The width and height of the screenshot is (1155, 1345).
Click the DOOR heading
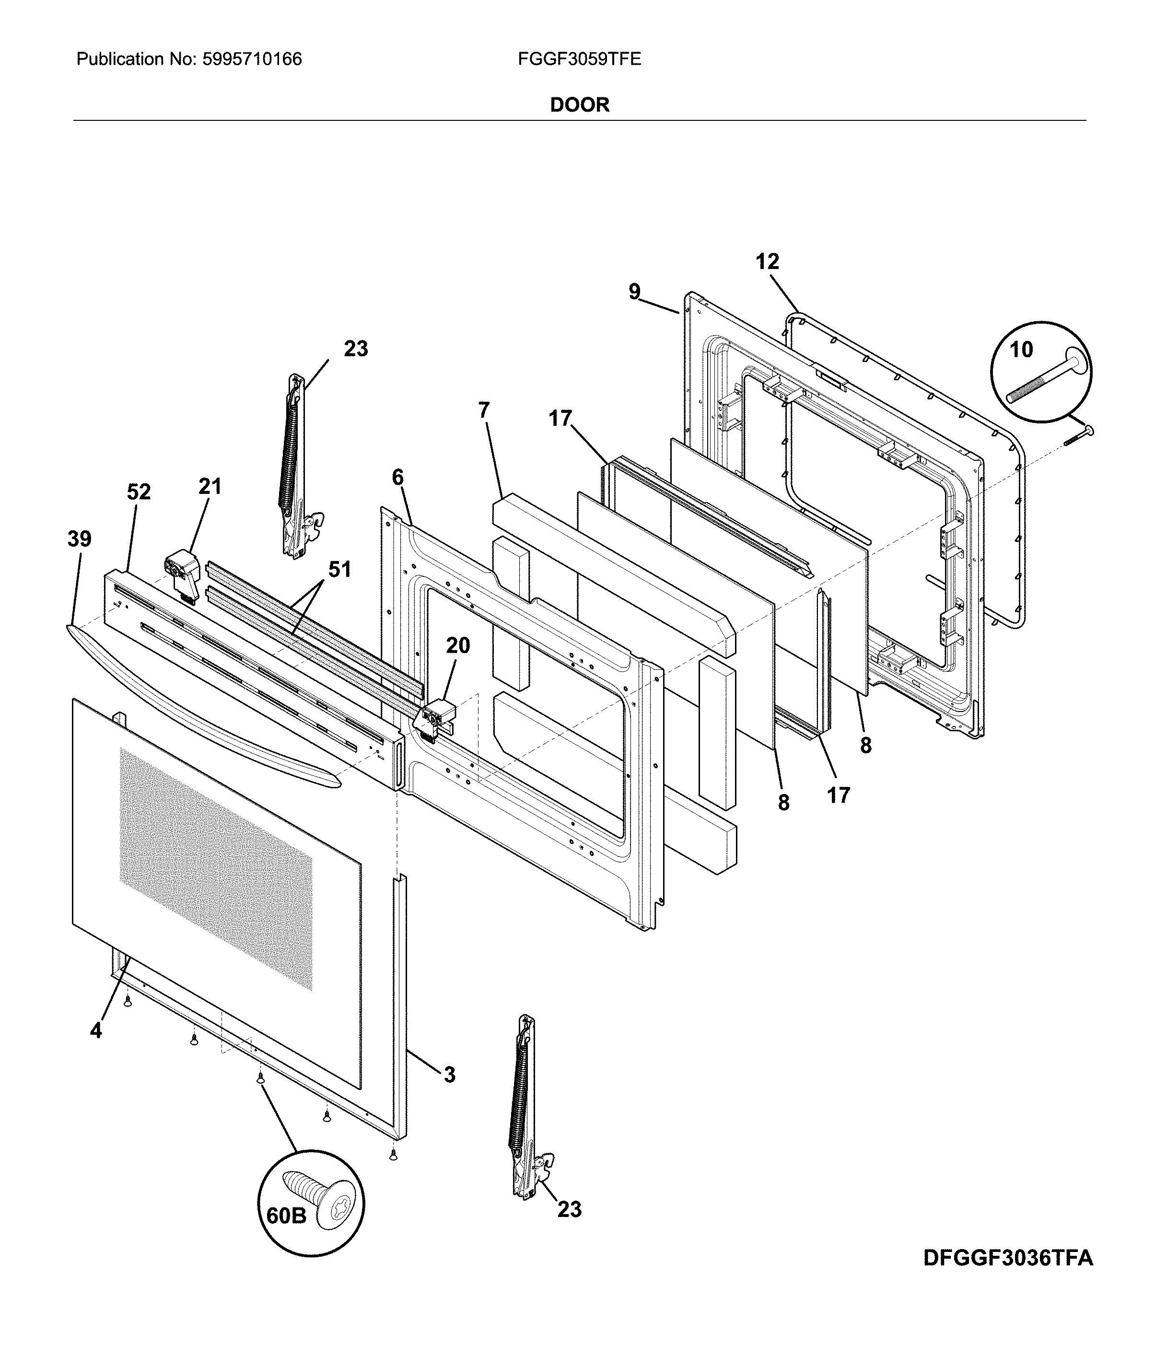[x=579, y=105]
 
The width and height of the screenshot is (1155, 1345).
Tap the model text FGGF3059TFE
[x=579, y=60]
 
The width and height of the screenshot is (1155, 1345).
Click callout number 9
[x=634, y=292]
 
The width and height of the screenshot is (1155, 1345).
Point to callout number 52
[x=138, y=492]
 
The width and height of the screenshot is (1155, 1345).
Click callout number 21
[x=210, y=486]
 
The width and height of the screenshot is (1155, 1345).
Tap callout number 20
[x=458, y=645]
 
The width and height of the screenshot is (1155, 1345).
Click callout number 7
[x=484, y=410]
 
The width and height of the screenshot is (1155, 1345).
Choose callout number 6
[x=397, y=477]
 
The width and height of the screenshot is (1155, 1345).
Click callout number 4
[x=95, y=1029]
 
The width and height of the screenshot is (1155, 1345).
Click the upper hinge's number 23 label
[x=355, y=349]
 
